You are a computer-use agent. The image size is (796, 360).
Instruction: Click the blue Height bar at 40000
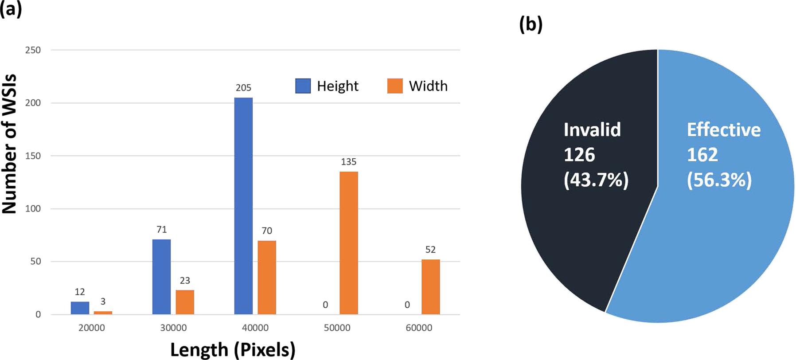tap(243, 206)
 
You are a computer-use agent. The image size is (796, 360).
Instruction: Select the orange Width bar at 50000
tap(348, 243)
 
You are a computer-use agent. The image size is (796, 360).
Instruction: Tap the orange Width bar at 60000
tap(430, 287)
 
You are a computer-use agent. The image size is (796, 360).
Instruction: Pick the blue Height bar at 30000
tap(161, 277)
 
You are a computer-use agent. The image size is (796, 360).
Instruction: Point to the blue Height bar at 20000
tap(80, 308)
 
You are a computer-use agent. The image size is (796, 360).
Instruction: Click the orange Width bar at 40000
tap(267, 278)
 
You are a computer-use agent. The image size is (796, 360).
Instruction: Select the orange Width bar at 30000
tap(185, 302)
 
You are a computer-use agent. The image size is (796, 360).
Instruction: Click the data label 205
tap(243, 88)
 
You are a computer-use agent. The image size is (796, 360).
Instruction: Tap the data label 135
tap(348, 162)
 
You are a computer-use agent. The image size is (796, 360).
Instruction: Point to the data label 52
tap(430, 250)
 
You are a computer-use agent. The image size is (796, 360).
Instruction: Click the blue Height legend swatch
tap(303, 86)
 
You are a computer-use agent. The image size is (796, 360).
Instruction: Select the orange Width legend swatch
tap(395, 86)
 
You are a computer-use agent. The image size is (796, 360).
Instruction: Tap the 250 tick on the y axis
tap(33, 50)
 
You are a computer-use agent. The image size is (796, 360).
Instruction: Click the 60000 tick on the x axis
tap(419, 328)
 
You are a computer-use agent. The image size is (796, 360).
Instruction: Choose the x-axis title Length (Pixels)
tap(233, 350)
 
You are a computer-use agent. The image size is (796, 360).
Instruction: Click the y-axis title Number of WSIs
tap(10, 144)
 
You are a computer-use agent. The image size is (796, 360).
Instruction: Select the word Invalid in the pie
tap(592, 130)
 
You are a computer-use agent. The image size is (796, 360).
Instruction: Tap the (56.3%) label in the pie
tap(719, 180)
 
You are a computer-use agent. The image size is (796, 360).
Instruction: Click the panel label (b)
tap(531, 25)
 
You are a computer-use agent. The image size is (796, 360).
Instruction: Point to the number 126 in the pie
tap(579, 155)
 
